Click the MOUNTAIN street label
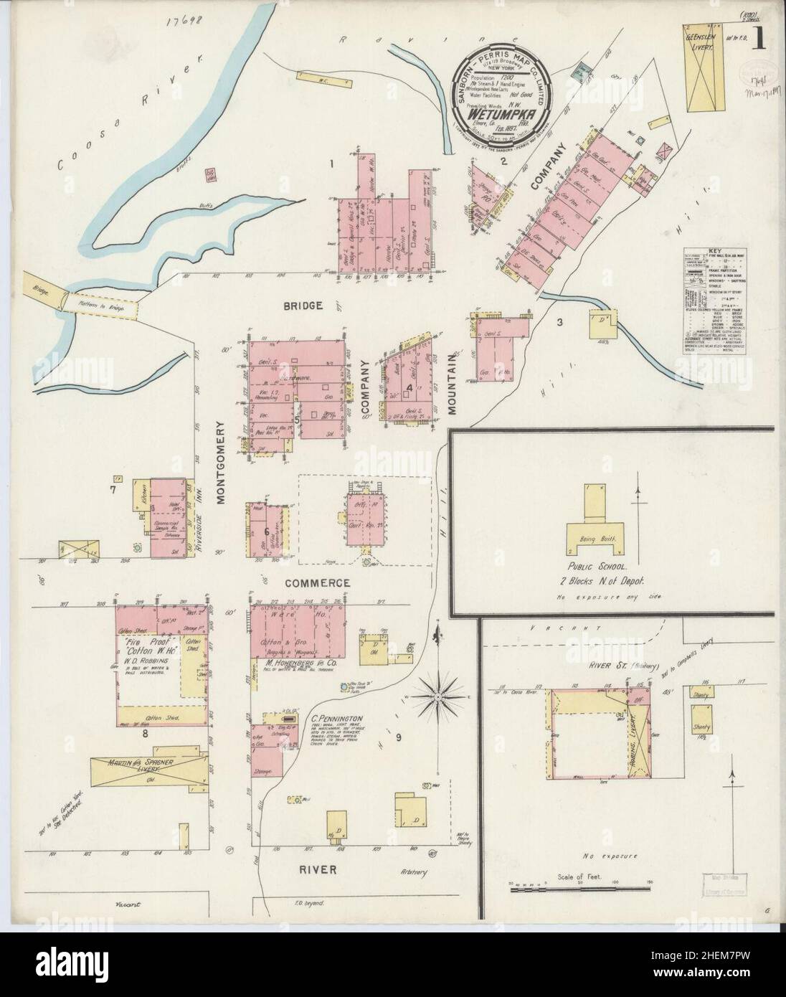452,386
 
